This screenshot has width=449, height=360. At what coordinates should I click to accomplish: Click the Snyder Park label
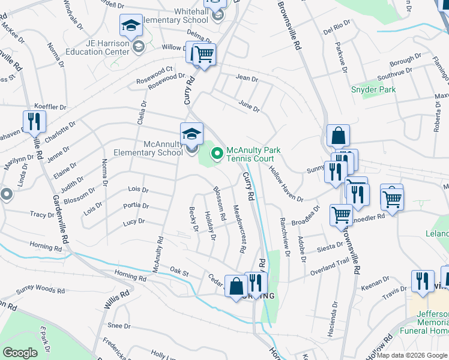coord(373,89)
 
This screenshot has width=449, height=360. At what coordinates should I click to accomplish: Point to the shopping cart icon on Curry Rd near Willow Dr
coord(204,55)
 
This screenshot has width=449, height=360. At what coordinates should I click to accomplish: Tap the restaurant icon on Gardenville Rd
coord(34,122)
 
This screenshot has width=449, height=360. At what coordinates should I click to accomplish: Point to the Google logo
coord(20,352)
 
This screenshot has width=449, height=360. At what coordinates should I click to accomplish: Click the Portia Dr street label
coord(135,205)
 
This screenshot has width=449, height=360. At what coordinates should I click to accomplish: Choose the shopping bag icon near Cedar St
coord(235,285)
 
